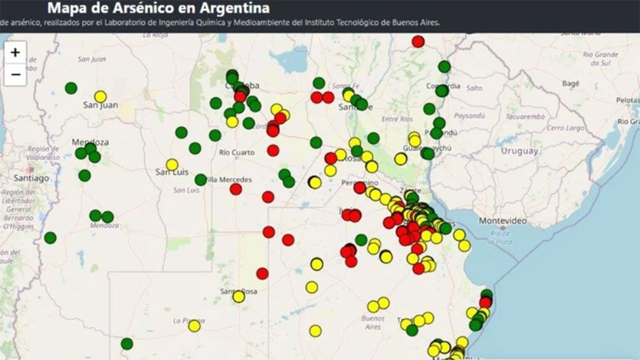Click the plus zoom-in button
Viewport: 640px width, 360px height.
[x=15, y=52]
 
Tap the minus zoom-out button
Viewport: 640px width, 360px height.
[x=15, y=75]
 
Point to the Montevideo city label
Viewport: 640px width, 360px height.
[x=502, y=221]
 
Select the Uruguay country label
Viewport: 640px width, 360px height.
[x=519, y=151]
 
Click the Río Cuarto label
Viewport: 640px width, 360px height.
[x=237, y=153]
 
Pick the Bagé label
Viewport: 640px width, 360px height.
[x=571, y=84]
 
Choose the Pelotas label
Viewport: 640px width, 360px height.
[x=628, y=100]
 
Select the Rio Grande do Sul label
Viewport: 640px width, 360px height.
[x=601, y=58]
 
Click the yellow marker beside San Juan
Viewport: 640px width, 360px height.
[x=100, y=97]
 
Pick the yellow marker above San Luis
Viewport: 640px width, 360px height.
[x=172, y=165]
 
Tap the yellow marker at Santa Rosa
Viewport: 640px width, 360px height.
[x=238, y=297]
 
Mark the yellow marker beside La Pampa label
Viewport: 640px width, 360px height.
[x=194, y=326]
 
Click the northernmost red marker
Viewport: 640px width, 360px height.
[x=418, y=41]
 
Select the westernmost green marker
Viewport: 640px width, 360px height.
[x=50, y=238]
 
